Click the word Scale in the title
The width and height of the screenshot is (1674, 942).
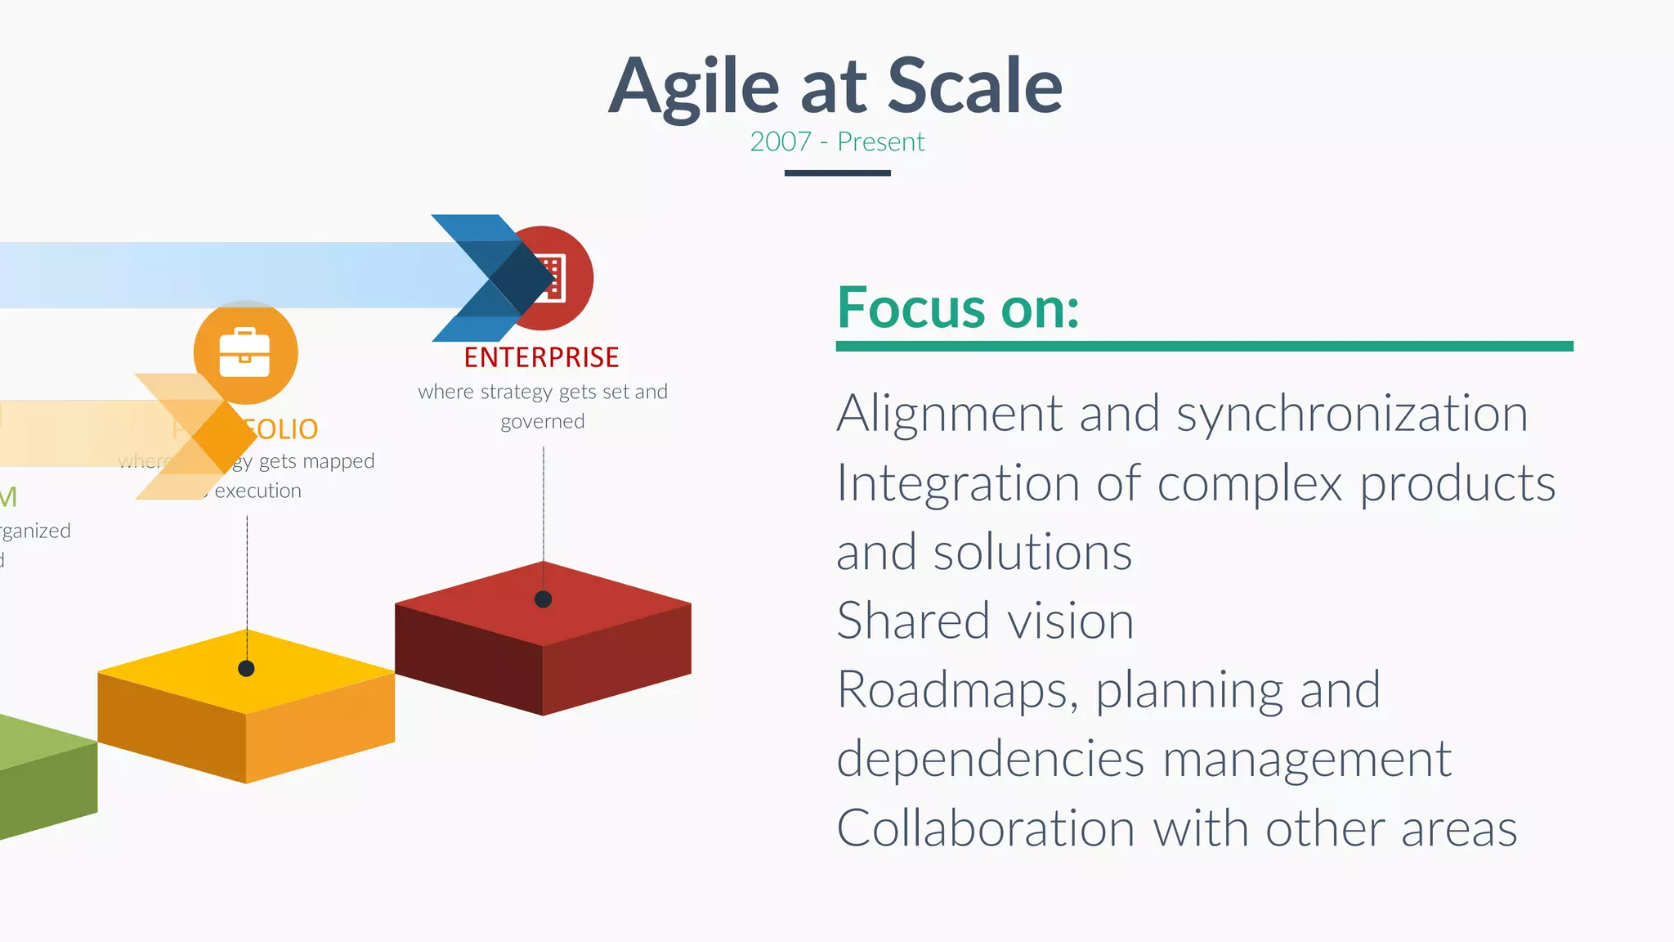tap(974, 86)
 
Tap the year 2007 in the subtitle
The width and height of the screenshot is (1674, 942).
tap(780, 142)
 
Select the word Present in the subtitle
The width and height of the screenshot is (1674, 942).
tap(880, 142)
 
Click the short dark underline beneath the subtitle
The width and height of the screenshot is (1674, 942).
tap(837, 173)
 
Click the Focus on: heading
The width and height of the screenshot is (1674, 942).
tap(958, 308)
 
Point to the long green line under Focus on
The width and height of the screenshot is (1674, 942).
tap(1204, 347)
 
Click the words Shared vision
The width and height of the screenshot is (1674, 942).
tap(985, 621)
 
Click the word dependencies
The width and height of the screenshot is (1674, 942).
tap(990, 759)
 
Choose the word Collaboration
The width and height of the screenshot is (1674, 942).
tap(985, 828)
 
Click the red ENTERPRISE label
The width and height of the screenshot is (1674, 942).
tap(541, 357)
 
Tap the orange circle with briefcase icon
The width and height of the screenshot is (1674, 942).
tap(245, 352)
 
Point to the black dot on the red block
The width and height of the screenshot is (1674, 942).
tap(543, 599)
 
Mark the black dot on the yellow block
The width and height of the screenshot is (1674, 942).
tap(246, 668)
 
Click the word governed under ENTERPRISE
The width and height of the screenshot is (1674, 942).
tap(543, 422)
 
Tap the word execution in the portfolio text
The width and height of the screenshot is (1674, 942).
tap(258, 491)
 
